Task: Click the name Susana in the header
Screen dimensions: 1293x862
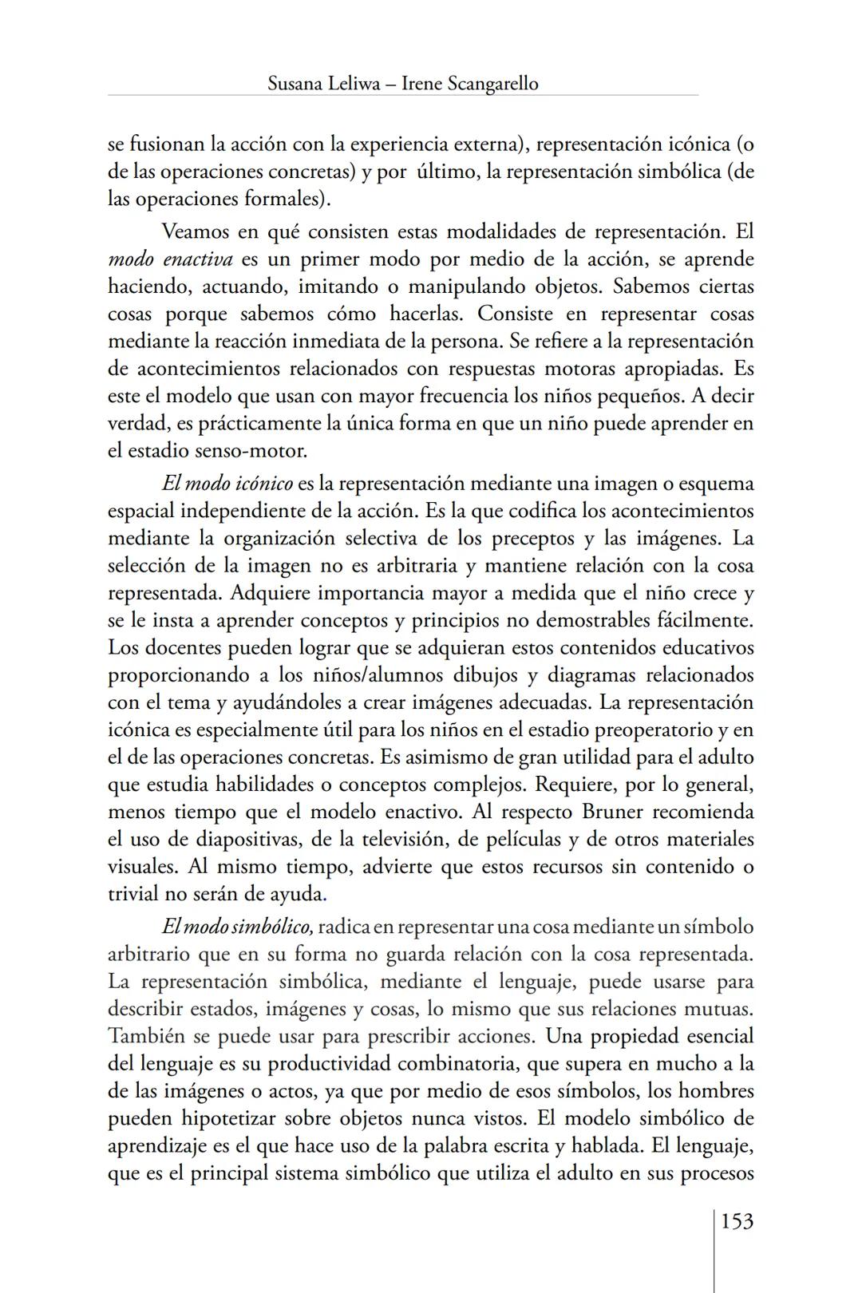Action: click(295, 83)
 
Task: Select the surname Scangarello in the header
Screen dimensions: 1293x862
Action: click(492, 83)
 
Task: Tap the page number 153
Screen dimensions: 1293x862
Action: click(737, 1221)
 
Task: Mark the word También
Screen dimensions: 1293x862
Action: click(145, 1036)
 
